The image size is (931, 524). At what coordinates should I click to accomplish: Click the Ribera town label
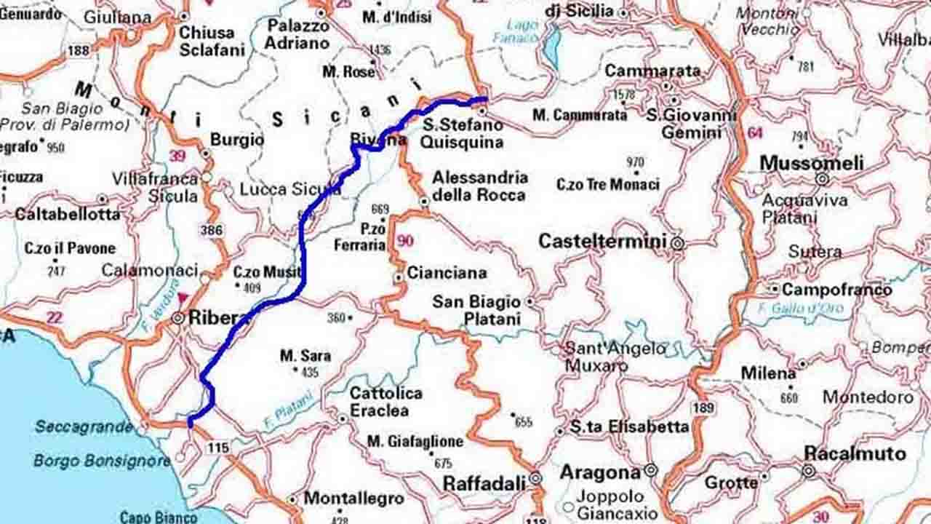(219, 318)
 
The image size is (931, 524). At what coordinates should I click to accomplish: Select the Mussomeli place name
(811, 163)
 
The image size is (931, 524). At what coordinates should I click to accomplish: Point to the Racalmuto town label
(855, 454)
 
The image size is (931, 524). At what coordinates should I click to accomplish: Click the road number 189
(703, 408)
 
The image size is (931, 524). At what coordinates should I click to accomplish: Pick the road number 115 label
(217, 448)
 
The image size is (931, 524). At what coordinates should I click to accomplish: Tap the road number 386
(212, 231)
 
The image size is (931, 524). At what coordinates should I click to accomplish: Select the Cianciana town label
(447, 273)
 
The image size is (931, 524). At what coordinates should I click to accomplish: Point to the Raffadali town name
(484, 483)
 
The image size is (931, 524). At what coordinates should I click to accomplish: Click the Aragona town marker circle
(650, 471)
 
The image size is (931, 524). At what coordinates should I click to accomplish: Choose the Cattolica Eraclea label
(385, 402)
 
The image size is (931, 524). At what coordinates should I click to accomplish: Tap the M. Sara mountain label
(305, 356)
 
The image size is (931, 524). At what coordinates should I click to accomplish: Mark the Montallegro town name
(353, 499)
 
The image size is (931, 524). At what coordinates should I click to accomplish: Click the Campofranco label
(836, 290)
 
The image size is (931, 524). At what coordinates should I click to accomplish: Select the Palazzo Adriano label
(297, 34)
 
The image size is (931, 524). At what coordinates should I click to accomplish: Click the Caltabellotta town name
(68, 215)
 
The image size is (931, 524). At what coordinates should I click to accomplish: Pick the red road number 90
(405, 241)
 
